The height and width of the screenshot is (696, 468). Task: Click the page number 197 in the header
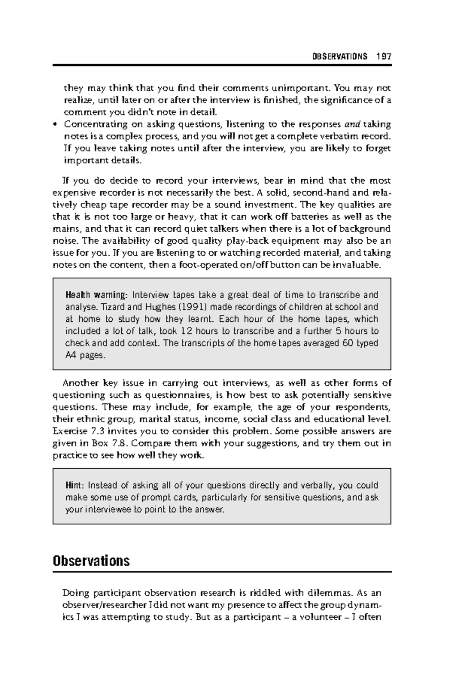pyautogui.click(x=384, y=56)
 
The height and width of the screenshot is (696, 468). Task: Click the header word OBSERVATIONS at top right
pyautogui.click(x=340, y=56)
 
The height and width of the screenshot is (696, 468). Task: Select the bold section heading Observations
pyautogui.click(x=91, y=561)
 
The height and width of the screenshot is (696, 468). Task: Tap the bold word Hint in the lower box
pyautogui.click(x=74, y=485)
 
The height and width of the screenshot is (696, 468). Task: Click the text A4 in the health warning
pyautogui.click(x=71, y=356)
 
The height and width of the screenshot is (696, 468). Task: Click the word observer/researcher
pyautogui.click(x=100, y=606)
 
